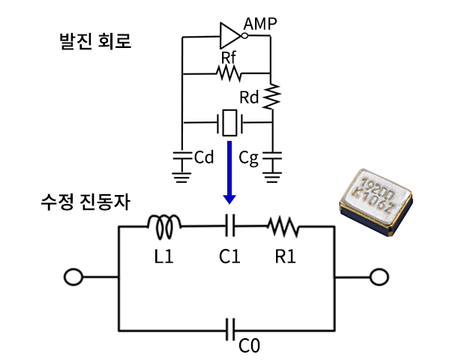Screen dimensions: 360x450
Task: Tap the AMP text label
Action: (260, 24)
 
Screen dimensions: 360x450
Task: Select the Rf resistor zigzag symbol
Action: (228, 73)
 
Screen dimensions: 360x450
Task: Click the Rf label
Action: (229, 57)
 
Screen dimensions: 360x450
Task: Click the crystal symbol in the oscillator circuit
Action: (229, 122)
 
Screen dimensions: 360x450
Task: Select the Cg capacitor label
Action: (249, 158)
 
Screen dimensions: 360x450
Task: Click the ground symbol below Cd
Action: (181, 177)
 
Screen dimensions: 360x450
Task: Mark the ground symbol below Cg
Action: (272, 177)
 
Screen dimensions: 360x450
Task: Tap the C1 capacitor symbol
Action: (230, 223)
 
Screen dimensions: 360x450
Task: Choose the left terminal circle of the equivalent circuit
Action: (73, 277)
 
